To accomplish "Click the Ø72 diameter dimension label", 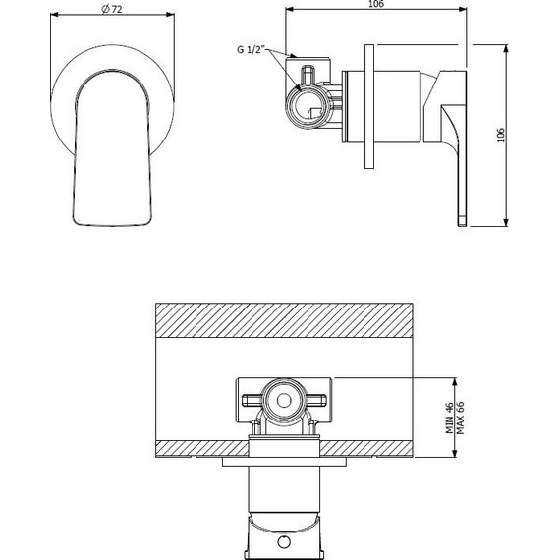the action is click(x=112, y=9).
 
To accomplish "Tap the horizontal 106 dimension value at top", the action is click(x=375, y=4).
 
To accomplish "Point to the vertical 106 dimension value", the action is click(x=501, y=135).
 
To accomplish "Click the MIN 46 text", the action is click(x=449, y=418).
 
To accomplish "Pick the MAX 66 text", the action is click(x=460, y=418).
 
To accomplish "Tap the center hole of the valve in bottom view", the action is click(x=284, y=401).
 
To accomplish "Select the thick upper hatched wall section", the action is click(x=284, y=320).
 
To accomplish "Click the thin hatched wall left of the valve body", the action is click(x=202, y=449).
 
